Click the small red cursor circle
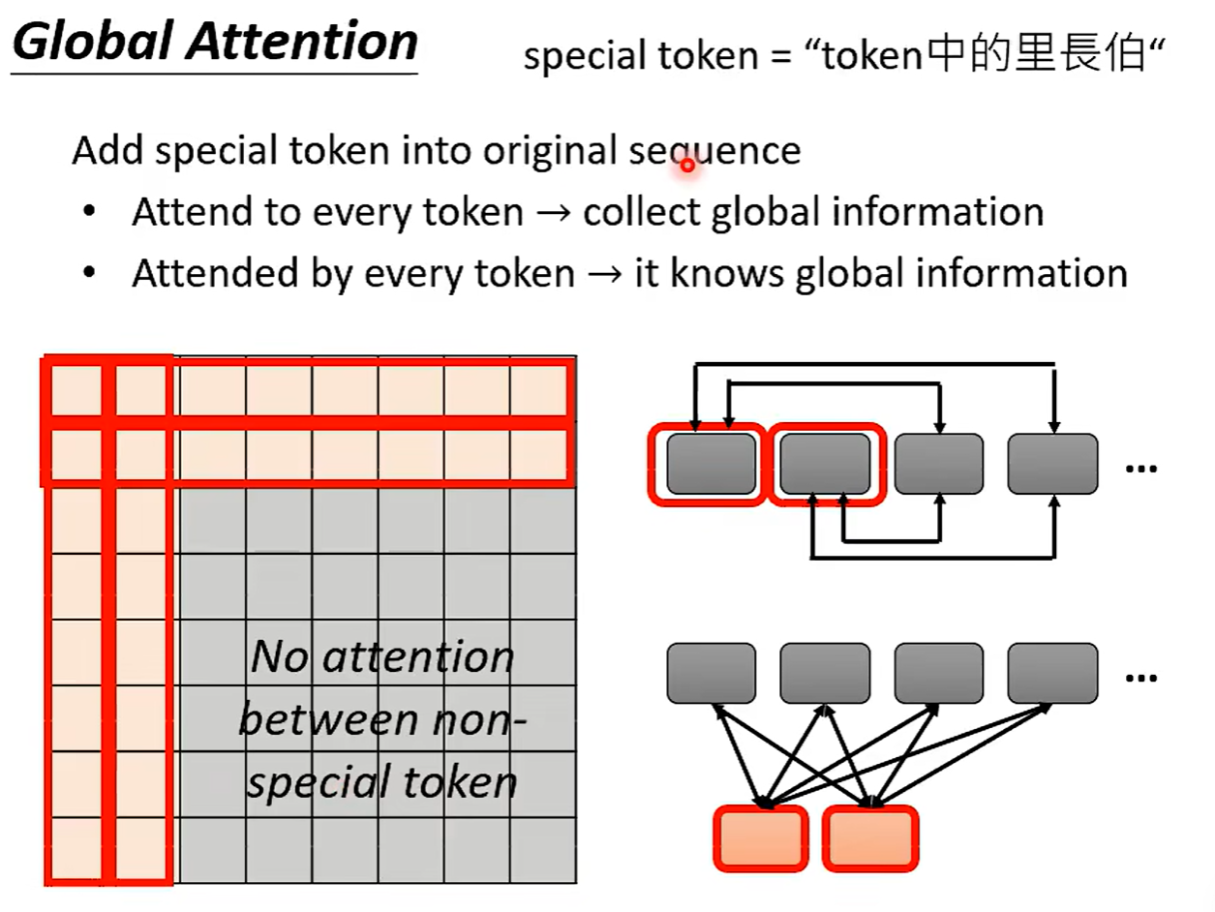[x=687, y=166]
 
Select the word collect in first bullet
[x=641, y=212]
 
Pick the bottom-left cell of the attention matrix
[x=76, y=850]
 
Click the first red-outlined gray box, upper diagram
[x=711, y=464]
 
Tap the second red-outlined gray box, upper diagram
[x=825, y=464]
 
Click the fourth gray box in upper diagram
[x=1052, y=464]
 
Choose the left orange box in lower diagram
[x=761, y=838]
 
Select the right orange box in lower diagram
[x=870, y=838]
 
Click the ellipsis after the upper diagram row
[x=1141, y=469]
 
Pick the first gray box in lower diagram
[x=711, y=673]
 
